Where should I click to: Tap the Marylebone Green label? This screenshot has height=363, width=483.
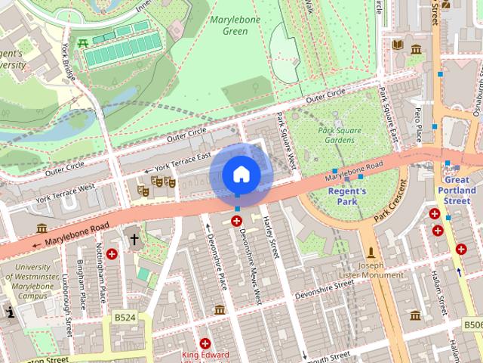(235, 25)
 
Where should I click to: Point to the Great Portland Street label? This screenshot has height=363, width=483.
(457, 191)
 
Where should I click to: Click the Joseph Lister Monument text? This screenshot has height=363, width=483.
(371, 270)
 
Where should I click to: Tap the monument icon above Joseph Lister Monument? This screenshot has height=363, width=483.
(371, 252)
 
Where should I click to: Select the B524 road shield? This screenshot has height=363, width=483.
(125, 318)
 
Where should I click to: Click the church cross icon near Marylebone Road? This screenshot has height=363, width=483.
(134, 240)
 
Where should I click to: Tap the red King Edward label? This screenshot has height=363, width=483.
(204, 355)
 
